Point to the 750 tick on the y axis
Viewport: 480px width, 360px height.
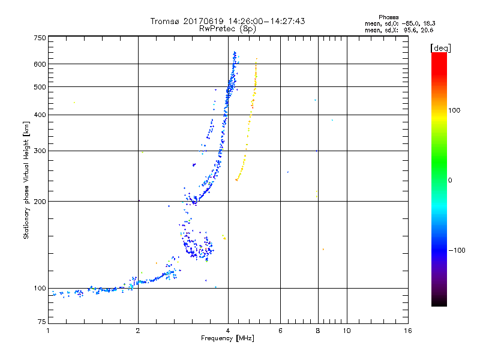click(x=40, y=38)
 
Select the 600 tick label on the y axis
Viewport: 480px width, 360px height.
click(x=40, y=64)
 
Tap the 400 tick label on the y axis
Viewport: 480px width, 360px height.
click(x=40, y=115)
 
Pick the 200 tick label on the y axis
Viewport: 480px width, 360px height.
click(x=40, y=202)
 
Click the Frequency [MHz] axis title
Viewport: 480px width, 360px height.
click(x=227, y=339)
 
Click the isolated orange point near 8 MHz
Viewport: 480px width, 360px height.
click(x=323, y=249)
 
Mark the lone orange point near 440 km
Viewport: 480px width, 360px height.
click(x=74, y=103)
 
